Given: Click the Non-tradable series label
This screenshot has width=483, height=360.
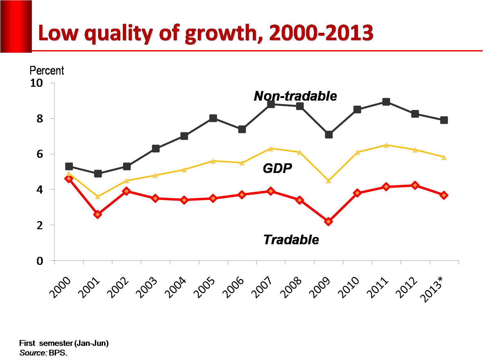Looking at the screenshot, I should point(295,96).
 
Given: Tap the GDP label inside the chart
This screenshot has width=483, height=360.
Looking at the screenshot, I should point(277,168).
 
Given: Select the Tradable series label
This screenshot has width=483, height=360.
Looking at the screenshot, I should point(291,240).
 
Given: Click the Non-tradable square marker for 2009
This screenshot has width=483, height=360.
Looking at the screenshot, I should point(329,134).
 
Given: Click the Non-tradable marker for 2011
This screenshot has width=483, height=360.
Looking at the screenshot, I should point(386,102).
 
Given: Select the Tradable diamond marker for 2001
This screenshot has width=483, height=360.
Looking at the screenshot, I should point(98,214).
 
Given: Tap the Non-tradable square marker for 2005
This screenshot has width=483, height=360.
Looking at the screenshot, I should point(213,118).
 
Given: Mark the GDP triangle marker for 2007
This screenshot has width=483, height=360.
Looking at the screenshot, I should point(271,148).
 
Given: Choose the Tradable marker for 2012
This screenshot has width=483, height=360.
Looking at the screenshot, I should point(415,185).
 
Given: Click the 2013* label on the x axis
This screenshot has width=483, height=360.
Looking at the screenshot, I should point(433,290).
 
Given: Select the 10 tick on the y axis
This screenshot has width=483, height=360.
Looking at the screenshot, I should point(36,83).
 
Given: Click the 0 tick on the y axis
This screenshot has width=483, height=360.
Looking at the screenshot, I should point(40,261).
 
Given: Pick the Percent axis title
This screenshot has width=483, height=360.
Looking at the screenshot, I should point(47,70).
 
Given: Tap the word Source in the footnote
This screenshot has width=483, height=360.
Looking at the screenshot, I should point(33,353).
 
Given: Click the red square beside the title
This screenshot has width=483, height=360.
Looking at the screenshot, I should point(16,26).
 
